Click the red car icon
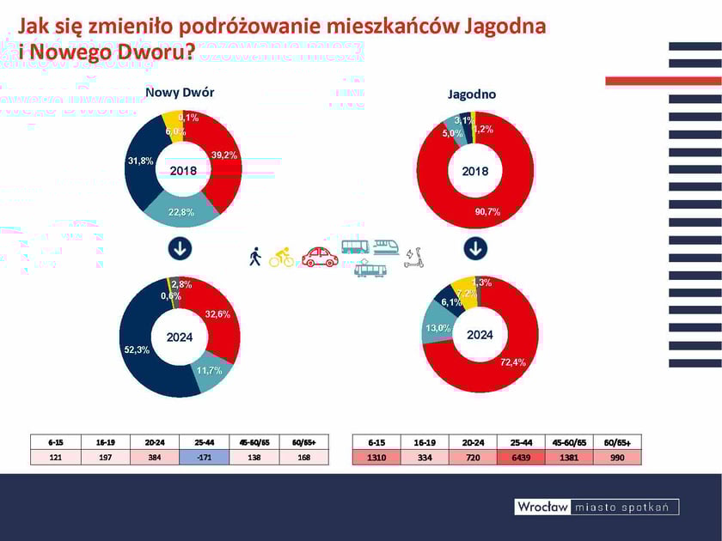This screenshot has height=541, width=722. coord(320,257)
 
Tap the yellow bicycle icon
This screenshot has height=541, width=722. coord(281,257)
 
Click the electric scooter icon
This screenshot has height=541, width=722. coord(415,257)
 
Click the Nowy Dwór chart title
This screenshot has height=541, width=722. coord(180,93)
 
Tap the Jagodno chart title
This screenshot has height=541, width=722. coord(472,94)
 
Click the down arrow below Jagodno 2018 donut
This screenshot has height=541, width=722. coord(475,250)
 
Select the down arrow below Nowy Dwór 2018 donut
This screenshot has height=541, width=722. coord(180,249)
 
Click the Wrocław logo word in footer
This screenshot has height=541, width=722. coord(541,507)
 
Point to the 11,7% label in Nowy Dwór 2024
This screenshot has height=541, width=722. coord(209,370)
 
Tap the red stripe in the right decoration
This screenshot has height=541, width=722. coord(663,81)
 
